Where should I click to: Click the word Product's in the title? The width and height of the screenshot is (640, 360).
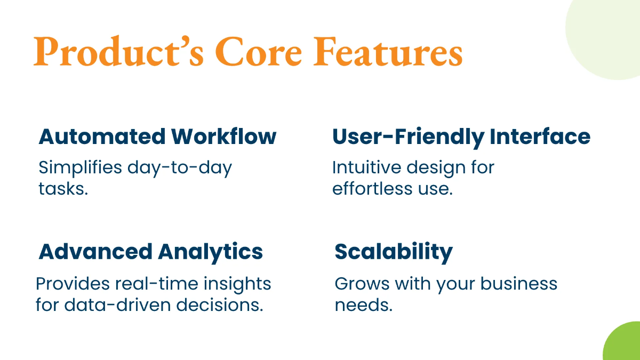tap(118, 51)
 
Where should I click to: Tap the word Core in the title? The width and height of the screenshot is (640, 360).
tap(259, 52)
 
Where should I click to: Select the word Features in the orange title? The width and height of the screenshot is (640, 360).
tap(388, 52)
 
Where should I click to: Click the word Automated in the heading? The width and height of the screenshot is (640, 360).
tap(102, 137)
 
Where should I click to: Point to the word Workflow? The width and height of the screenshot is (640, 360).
tap(223, 137)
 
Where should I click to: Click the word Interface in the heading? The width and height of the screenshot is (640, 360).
tap(540, 137)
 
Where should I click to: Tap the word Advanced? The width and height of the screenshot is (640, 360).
tap(95, 251)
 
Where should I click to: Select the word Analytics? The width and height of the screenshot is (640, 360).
tap(210, 253)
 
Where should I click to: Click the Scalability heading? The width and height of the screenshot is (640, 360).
tap(394, 253)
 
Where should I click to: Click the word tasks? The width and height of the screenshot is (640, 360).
tap(63, 189)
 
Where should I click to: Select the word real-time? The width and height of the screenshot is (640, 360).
tap(157, 284)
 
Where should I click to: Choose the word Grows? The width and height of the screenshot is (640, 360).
tap(362, 284)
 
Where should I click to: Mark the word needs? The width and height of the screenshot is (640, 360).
tap(364, 305)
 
